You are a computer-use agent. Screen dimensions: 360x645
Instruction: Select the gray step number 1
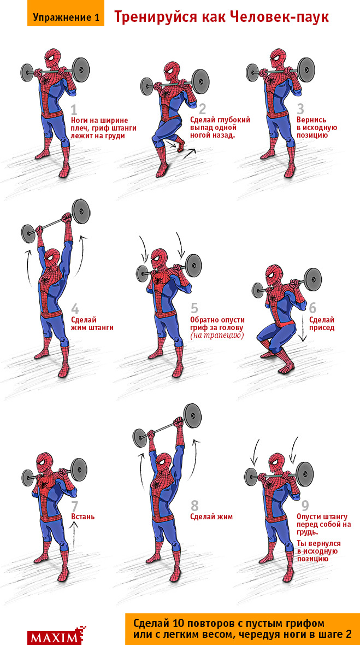point(74,110)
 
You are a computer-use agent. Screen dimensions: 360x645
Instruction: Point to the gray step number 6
point(312,308)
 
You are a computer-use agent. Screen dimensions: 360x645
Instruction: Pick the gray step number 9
point(305,505)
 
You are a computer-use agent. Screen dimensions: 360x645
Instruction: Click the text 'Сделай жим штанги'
point(92,324)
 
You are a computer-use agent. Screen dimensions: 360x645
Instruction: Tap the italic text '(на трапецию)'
point(216,336)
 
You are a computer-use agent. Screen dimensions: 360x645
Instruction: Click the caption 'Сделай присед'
point(322,324)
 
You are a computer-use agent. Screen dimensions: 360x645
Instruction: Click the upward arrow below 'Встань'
point(74,535)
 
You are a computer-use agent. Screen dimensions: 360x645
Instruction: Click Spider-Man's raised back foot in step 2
point(180,145)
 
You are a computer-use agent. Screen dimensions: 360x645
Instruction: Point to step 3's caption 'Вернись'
point(311,120)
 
